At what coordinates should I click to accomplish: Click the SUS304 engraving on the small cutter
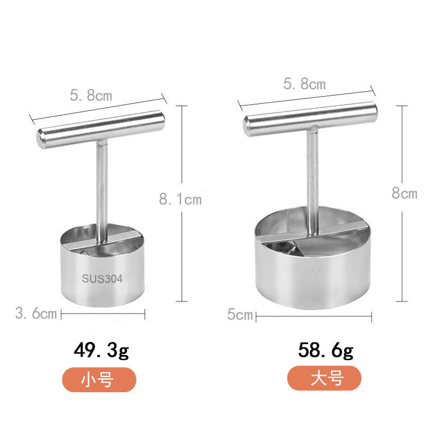pyautogui.click(x=102, y=277)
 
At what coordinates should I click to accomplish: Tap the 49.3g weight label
pyautogui.click(x=102, y=351)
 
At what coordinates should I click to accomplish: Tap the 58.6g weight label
pyautogui.click(x=326, y=351)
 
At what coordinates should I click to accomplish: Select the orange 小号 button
pyautogui.click(x=98, y=379)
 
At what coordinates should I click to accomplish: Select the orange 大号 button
pyautogui.click(x=324, y=378)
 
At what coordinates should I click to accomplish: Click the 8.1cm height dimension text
pyautogui.click(x=180, y=199)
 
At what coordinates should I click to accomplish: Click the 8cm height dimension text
pyautogui.click(x=405, y=193)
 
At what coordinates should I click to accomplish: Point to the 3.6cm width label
pyautogui.click(x=36, y=314)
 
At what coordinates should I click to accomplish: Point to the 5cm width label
pyautogui.click(x=240, y=315)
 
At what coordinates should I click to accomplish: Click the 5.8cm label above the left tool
pyautogui.click(x=91, y=96)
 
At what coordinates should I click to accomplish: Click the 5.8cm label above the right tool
pyautogui.click(x=304, y=84)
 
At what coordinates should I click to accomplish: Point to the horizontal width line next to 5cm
pyautogui.click(x=314, y=315)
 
